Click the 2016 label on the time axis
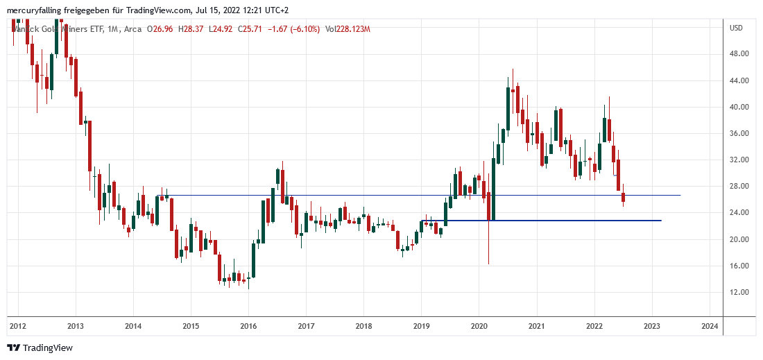pos(248,325)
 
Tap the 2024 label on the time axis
pos(709,325)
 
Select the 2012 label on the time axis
pos(18,325)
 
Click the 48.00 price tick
pos(739,54)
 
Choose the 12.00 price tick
pos(739,292)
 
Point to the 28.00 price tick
pos(739,186)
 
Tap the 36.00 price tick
pos(739,133)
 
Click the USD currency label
pos(736,28)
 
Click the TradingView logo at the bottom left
pos(40,348)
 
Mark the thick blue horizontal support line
pos(541,221)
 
